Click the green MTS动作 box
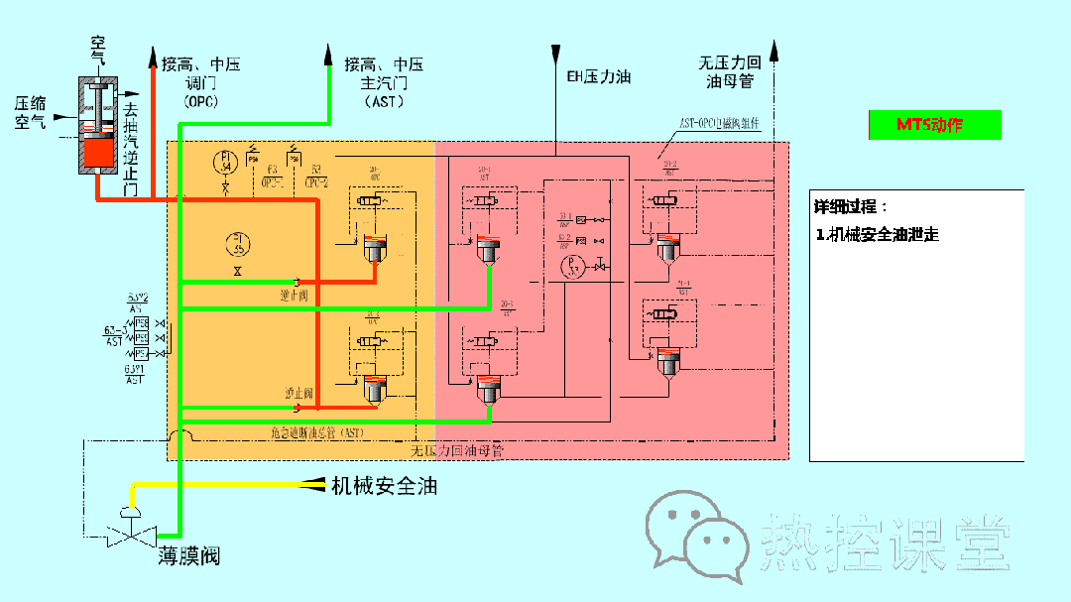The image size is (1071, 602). [x=934, y=125]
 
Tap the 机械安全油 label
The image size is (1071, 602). [x=384, y=486]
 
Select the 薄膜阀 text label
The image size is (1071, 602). [x=189, y=556]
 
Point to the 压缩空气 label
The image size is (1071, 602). [x=31, y=112]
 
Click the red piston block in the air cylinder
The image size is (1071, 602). [x=100, y=152]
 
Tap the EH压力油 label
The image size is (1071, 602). [x=598, y=76]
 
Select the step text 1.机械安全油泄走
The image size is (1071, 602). [x=878, y=235]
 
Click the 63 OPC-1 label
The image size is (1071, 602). [x=273, y=176]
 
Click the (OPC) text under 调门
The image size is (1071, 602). [x=201, y=101]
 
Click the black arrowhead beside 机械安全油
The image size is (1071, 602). [x=316, y=484]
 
